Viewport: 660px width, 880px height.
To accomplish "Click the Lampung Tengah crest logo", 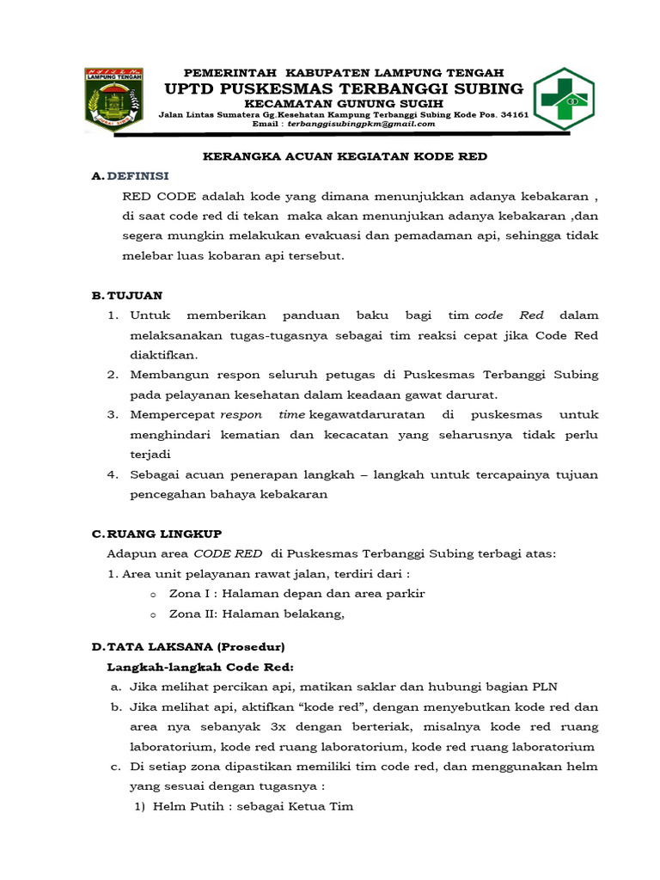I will click(x=113, y=101).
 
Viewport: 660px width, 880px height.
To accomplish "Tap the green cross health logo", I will click(x=563, y=100).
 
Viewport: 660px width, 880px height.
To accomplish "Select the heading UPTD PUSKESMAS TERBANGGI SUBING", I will click(x=344, y=89).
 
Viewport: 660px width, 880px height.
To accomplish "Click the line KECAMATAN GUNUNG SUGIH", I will click(x=344, y=103).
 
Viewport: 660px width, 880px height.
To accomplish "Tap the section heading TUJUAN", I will click(x=133, y=295).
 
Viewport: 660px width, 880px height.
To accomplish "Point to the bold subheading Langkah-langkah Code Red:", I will click(x=200, y=666).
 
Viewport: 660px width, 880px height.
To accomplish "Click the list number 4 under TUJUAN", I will click(x=112, y=474).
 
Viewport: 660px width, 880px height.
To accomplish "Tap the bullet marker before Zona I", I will click(x=152, y=594).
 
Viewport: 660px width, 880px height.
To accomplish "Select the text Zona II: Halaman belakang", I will click(x=256, y=613).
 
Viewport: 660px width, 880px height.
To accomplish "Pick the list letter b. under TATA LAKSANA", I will click(x=114, y=706).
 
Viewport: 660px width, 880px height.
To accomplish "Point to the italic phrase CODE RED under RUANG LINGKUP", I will click(x=228, y=554).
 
